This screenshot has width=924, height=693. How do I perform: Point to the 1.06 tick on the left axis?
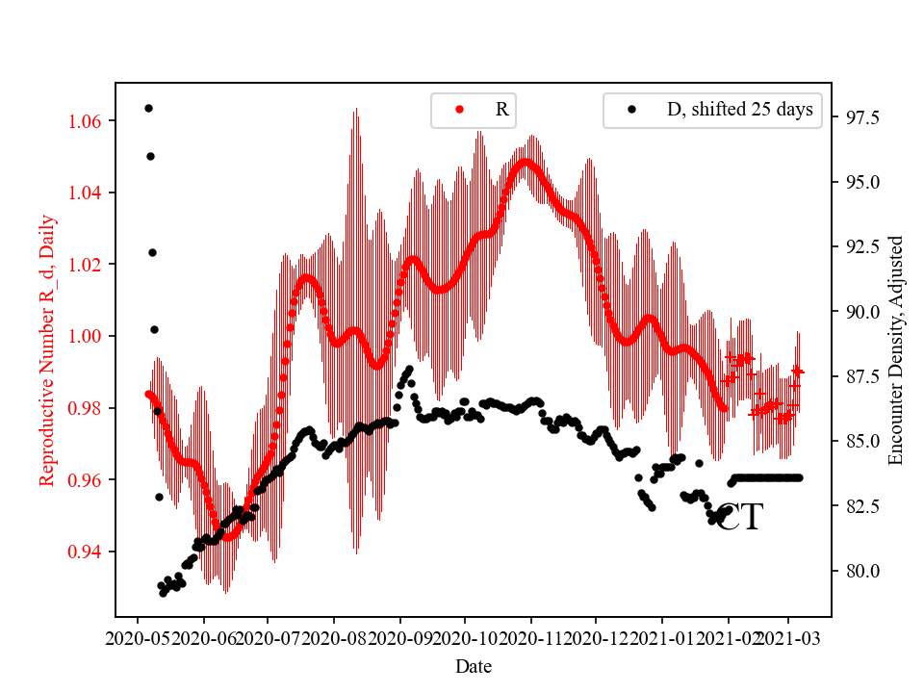tap(88, 121)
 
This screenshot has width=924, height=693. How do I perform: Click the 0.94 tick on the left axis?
tap(88, 552)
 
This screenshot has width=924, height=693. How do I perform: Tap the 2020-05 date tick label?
tap(137, 637)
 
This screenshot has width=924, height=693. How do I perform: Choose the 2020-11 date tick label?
tap(530, 637)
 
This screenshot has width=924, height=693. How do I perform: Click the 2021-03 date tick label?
tap(789, 637)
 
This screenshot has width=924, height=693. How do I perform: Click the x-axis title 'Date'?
tap(474, 665)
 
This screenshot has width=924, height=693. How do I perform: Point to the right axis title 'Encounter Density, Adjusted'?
tap(896, 349)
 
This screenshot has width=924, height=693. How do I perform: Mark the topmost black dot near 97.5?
tap(148, 108)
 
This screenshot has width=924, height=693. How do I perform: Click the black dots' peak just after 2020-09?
tap(409, 369)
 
